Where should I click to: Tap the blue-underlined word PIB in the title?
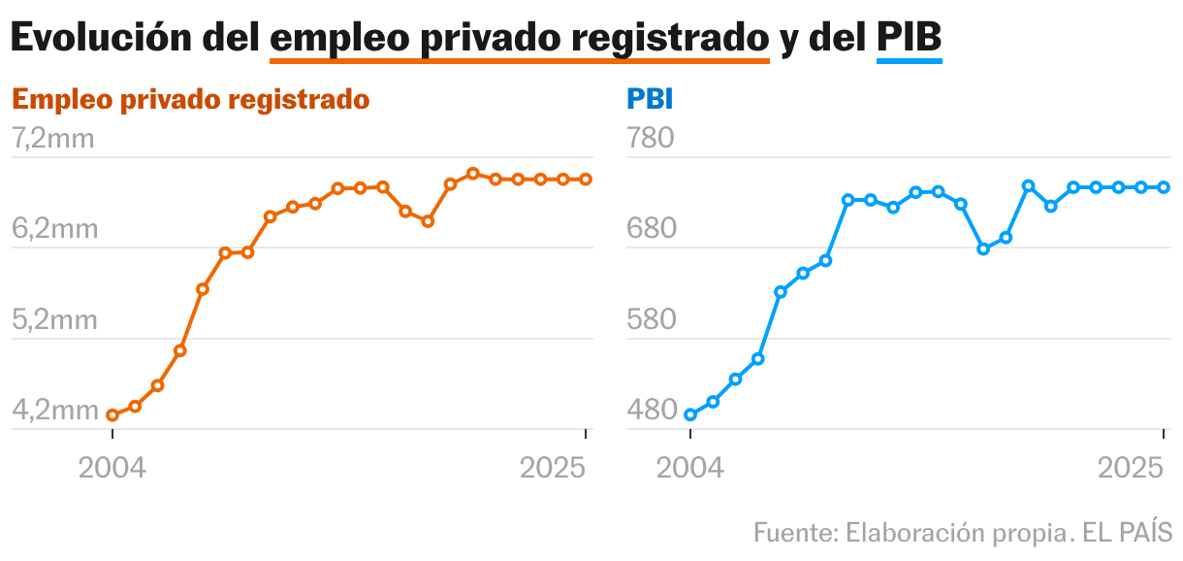coord(909,38)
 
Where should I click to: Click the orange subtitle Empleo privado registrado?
coord(190,100)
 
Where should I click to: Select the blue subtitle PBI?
coord(650,100)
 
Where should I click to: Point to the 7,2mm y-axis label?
coord(53,139)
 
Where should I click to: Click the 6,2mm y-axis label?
coord(53,229)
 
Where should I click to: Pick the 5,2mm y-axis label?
coord(53,319)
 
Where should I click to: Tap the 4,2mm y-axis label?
coord(53,411)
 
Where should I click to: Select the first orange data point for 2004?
coord(112,415)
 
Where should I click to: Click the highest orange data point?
coord(473,174)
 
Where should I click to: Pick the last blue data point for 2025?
coord(1164,187)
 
